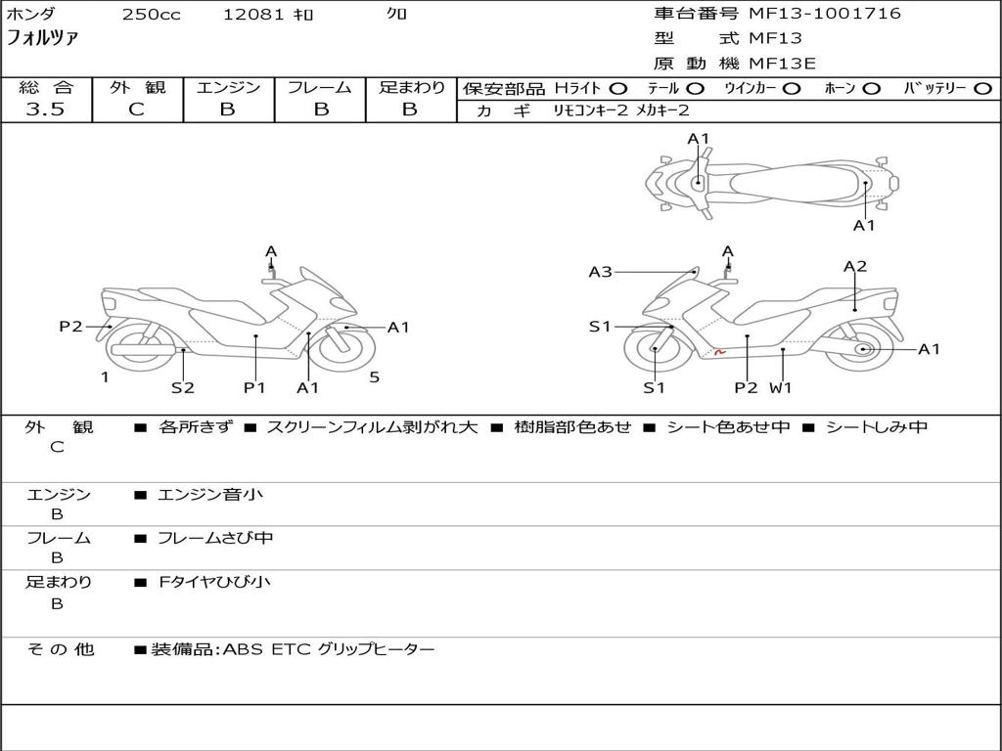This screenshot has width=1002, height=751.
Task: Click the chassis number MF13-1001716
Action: tap(825, 14)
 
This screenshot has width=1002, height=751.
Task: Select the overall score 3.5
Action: tap(45, 110)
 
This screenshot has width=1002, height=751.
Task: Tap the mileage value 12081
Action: tap(252, 15)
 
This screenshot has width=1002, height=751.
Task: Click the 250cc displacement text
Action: tap(151, 15)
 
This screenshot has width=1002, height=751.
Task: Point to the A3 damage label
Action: tap(600, 272)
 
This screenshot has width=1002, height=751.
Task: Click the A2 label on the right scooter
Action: tap(855, 266)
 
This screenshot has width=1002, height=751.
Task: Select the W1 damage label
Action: tap(781, 387)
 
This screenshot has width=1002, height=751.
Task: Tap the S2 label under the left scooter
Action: tap(183, 387)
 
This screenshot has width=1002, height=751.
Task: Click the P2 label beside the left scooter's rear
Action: tap(70, 327)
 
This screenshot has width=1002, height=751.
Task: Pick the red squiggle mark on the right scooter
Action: tap(719, 351)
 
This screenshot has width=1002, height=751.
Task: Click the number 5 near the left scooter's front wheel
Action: tap(374, 377)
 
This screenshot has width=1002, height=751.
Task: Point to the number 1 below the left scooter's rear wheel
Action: tap(104, 377)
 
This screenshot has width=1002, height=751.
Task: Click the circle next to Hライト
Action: tap(618, 89)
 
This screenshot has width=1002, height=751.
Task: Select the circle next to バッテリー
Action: tap(982, 89)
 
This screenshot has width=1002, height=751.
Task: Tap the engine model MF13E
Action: tap(783, 64)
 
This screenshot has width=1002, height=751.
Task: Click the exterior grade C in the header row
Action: tap(136, 110)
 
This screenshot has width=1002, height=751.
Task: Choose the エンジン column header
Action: tap(228, 88)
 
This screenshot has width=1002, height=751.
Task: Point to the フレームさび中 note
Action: tap(215, 538)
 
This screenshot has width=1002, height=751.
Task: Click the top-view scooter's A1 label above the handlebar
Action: tap(698, 139)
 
